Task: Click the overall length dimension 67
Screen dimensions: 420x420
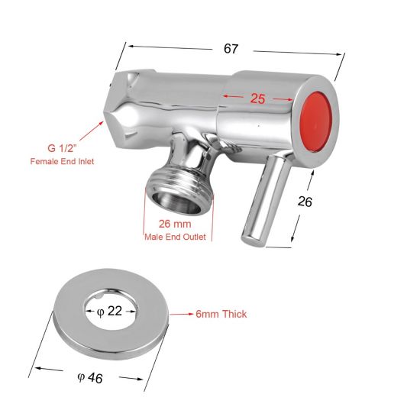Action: [x=231, y=49]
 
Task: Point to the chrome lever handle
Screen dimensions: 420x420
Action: [x=264, y=200]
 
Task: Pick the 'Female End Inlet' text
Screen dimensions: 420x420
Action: [x=61, y=162]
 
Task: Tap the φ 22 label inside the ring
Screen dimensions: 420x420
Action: [x=110, y=311]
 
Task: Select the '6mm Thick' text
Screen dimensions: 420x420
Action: [x=222, y=314]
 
